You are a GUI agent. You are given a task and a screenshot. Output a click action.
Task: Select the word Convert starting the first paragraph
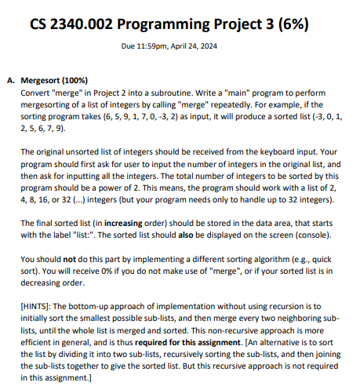pyautogui.click(x=35, y=93)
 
